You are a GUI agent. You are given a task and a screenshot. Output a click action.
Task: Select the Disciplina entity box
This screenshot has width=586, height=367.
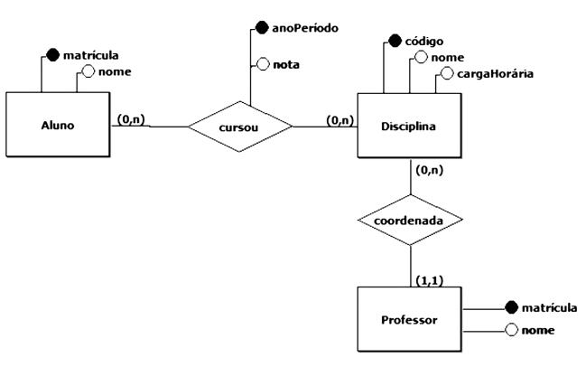tap(410, 125)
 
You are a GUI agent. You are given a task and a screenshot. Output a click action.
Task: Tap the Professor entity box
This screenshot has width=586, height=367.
tap(410, 319)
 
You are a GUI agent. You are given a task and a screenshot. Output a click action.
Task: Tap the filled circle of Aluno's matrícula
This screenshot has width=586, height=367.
tap(52, 54)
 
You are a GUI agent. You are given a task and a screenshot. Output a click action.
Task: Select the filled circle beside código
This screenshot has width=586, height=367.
tap(395, 41)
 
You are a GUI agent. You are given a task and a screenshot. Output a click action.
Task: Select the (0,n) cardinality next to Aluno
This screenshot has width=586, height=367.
tap(130, 118)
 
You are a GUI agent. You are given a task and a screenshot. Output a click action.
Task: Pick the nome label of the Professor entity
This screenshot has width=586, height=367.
tap(538, 330)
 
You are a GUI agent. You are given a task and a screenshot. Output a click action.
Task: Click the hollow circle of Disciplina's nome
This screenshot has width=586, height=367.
tap(418, 58)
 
